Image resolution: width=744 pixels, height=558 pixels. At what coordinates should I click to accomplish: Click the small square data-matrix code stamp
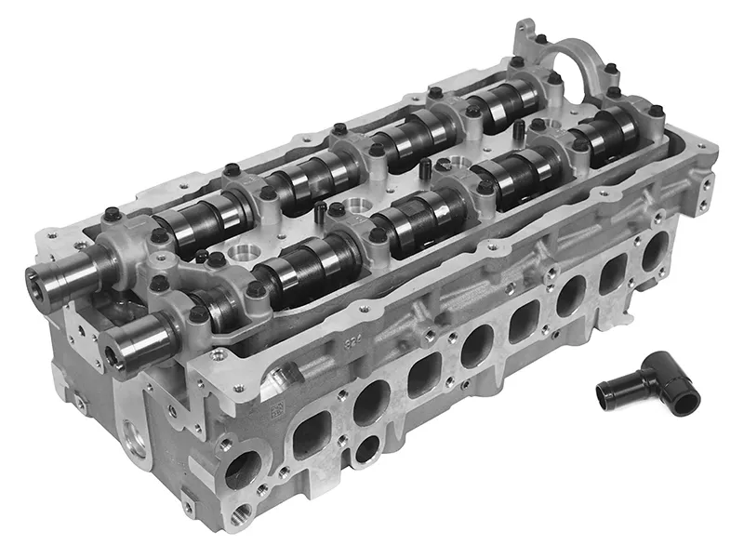[276, 408]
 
